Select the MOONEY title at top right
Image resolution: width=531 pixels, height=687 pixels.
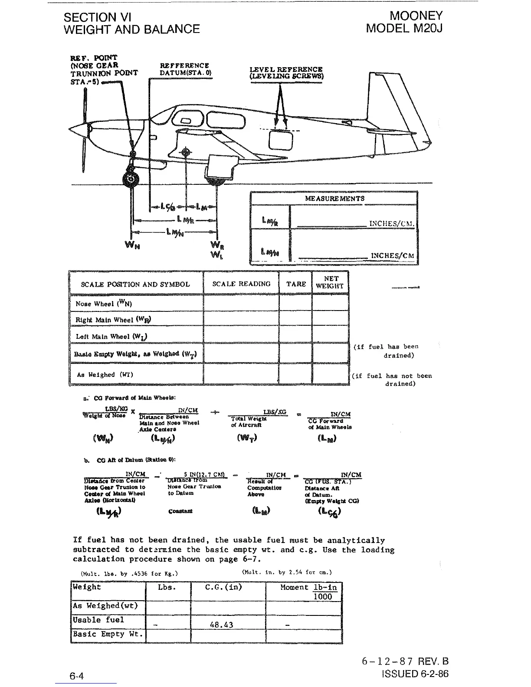pos(416,16)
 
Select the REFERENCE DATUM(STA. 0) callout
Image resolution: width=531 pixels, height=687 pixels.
pos(185,69)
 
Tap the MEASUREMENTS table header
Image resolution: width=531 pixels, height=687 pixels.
pos(334,198)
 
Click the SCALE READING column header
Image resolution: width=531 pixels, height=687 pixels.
pos(241,284)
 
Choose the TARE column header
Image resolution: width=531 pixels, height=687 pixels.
pos(296,284)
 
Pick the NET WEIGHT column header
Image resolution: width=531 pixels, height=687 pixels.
pos(331,282)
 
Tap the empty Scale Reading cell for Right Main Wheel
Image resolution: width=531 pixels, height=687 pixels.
pos(241,320)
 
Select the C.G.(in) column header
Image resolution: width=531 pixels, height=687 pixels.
pos(223,587)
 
